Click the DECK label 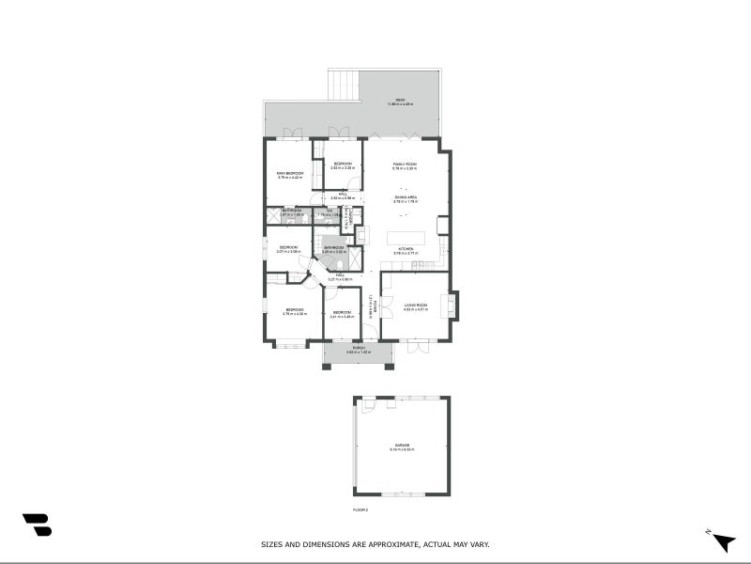point(399,100)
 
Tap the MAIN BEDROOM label point(289,173)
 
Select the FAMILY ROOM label point(405,164)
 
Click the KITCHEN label point(405,249)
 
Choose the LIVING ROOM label point(416,305)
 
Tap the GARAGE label point(401,446)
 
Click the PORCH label point(359,348)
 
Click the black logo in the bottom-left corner point(37,525)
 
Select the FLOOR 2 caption point(360,509)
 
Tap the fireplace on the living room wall point(454,305)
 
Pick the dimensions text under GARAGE point(401,450)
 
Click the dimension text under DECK point(399,104)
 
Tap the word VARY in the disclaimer point(479,544)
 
